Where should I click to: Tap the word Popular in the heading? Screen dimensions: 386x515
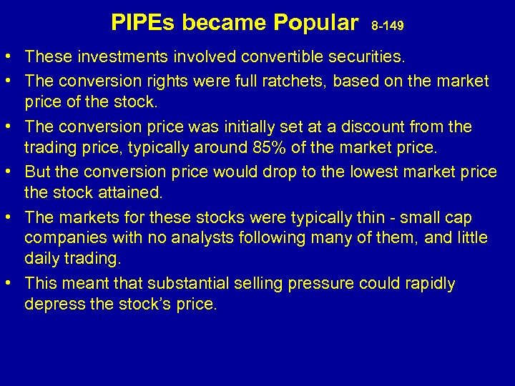315,24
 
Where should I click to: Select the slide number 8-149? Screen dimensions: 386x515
388,26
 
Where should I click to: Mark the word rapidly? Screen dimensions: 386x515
425,283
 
